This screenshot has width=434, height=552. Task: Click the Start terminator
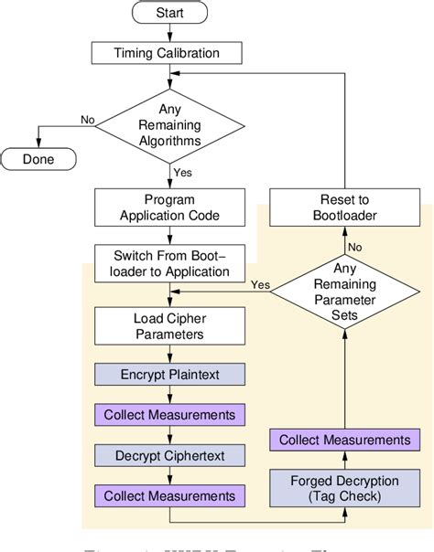pos(170,14)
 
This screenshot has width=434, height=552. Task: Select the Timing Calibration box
pos(169,53)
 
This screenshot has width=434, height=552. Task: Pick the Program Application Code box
pos(169,207)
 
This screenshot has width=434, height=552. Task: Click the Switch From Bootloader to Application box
pos(169,264)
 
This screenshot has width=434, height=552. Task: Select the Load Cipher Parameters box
pos(169,326)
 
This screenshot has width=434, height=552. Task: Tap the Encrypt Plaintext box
pos(169,374)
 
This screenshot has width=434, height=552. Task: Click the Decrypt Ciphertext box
pos(169,454)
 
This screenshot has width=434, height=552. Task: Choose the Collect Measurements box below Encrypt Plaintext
pos(169,415)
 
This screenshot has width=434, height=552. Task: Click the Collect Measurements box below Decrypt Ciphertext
pos(169,495)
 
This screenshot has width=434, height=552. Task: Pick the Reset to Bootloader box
pos(345,207)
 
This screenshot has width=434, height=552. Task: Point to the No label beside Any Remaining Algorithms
pos(87,120)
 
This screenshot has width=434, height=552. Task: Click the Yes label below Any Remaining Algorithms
pos(183,171)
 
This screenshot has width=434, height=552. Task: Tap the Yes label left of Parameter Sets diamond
pos(259,284)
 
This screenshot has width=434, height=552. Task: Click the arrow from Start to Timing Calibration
pos(169,33)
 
